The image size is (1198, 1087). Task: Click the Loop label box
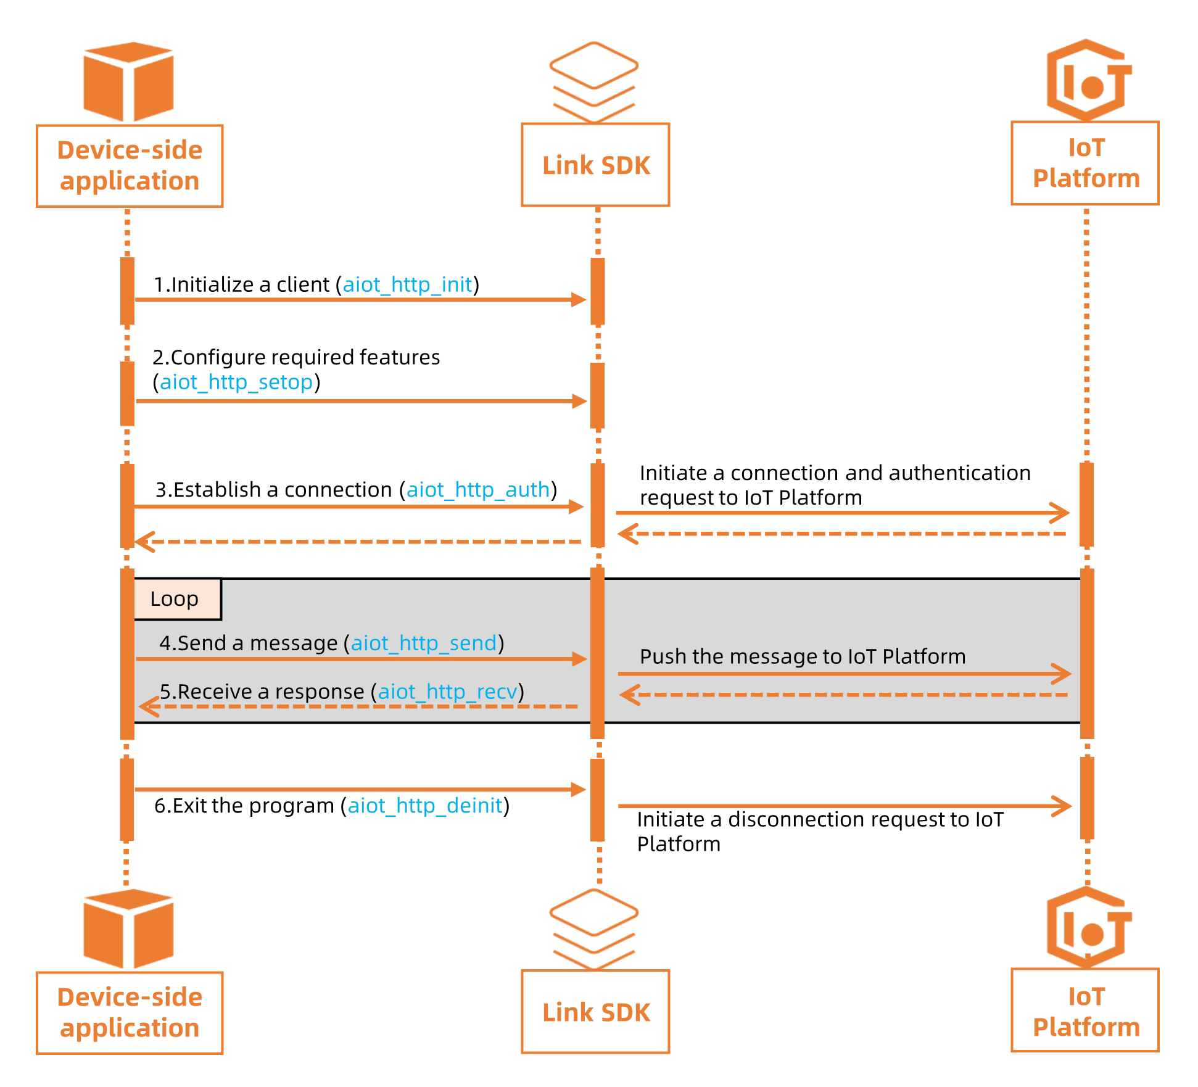tap(177, 599)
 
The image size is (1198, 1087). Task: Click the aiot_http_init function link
tap(407, 284)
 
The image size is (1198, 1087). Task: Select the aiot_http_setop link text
tap(236, 382)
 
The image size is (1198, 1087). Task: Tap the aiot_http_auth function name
tap(478, 490)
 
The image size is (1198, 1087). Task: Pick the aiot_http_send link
tap(423, 643)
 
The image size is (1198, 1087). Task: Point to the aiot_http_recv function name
tap(447, 692)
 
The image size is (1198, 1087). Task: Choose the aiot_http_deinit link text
tap(425, 806)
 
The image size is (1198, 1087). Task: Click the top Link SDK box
tap(595, 165)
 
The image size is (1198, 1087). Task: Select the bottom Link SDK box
tap(595, 1012)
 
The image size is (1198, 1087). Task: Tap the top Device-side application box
tap(130, 166)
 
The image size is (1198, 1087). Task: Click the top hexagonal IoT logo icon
tap(1088, 80)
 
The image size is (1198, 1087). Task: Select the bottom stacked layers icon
tap(593, 928)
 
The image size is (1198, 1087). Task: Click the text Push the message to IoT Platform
tap(802, 656)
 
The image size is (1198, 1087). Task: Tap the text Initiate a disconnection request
tap(819, 820)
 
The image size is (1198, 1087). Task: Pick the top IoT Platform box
tap(1085, 163)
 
